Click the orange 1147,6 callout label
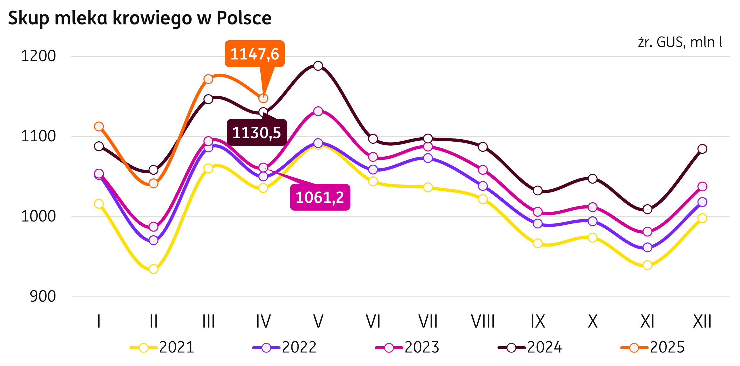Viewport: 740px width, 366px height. click(x=255, y=54)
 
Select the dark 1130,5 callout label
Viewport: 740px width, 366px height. click(x=257, y=132)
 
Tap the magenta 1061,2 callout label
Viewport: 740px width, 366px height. click(x=320, y=197)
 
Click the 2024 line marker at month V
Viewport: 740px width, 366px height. click(x=318, y=66)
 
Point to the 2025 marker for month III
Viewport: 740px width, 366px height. click(x=208, y=79)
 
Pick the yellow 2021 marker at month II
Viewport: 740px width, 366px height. click(x=153, y=269)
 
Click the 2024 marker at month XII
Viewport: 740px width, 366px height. click(x=702, y=149)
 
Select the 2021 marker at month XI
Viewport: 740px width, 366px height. click(x=647, y=265)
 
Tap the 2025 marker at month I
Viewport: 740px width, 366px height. click(x=99, y=126)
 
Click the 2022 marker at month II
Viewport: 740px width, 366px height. click(x=153, y=240)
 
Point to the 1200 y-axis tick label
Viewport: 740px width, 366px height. click(x=39, y=56)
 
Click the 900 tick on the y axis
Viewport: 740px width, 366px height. click(x=43, y=296)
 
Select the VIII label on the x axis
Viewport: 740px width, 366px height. click(x=483, y=321)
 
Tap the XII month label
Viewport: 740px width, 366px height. click(x=702, y=321)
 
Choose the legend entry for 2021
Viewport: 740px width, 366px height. click(x=162, y=347)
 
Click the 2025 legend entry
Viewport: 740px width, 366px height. click(x=653, y=347)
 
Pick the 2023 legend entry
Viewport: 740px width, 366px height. click(x=407, y=347)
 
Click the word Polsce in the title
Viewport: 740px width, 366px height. click(x=244, y=18)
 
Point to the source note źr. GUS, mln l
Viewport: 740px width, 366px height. click(x=680, y=43)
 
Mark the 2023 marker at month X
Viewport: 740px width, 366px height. click(x=593, y=207)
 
